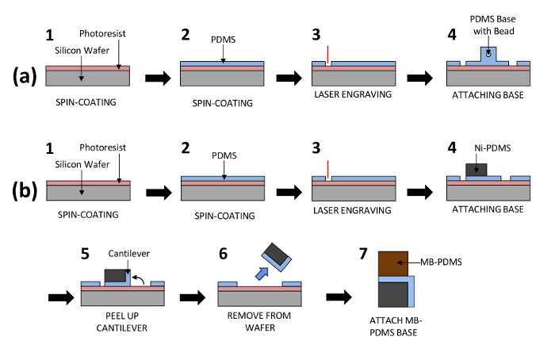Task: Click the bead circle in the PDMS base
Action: (489, 53)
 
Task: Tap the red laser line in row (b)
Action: (326, 171)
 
